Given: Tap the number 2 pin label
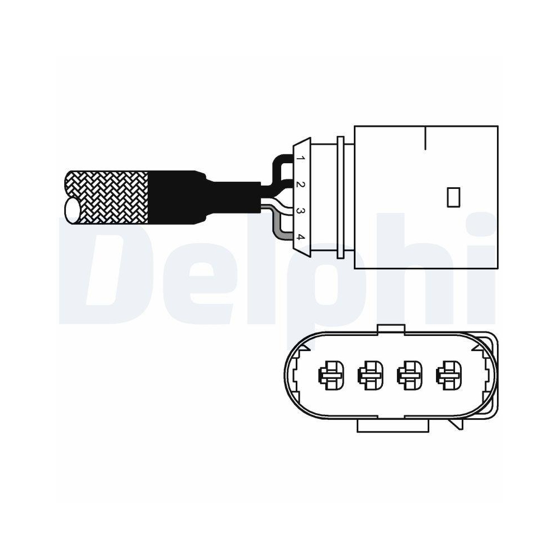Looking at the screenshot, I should pos(300,184).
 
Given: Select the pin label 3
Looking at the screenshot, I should pos(300,211).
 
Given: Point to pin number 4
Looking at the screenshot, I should pos(300,237).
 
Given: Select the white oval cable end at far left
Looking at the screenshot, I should pos(73,211).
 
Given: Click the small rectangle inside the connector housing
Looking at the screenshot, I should pos(453,197).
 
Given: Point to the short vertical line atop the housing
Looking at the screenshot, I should pos(426,138).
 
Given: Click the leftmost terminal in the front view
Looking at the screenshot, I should pos(328,375).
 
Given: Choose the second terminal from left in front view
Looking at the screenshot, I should pos(368,375).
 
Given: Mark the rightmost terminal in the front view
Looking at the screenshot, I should pos(447,375).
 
